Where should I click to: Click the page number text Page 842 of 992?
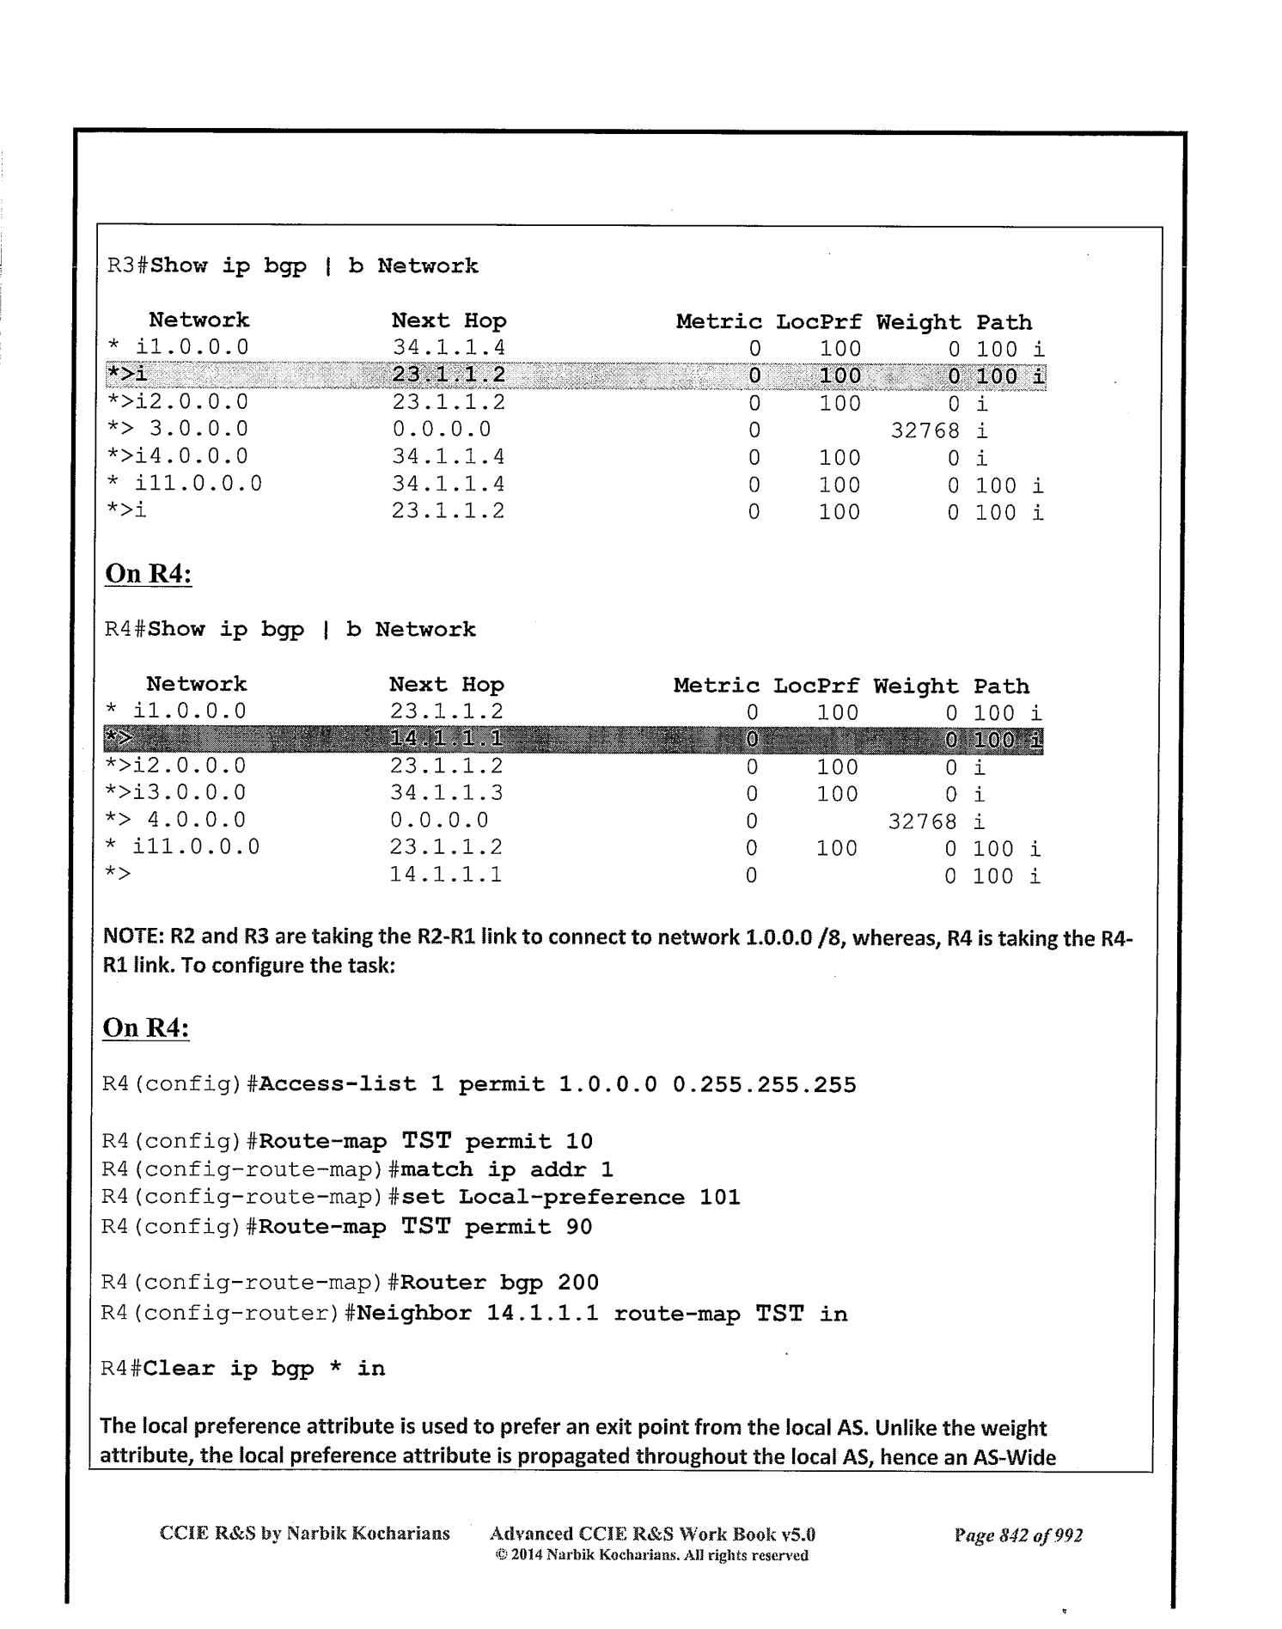[x=1017, y=1535]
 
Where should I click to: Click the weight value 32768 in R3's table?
[x=925, y=430]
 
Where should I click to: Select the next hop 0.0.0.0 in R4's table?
[x=439, y=821]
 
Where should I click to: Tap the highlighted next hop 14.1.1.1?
[x=446, y=739]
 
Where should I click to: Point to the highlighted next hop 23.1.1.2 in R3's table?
[x=449, y=375]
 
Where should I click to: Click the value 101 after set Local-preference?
[x=719, y=1198]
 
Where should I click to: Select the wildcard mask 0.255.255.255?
[x=764, y=1085]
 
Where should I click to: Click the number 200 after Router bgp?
[x=577, y=1283]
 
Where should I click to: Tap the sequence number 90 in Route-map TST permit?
[x=579, y=1227]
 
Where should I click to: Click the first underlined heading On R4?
[x=148, y=574]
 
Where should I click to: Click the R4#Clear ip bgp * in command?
[x=242, y=1369]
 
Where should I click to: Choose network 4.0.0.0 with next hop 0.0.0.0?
[x=196, y=821]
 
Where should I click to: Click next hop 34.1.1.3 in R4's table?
[x=446, y=793]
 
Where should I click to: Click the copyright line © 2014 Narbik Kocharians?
[x=651, y=1555]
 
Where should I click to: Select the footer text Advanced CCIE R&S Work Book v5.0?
[x=651, y=1534]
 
